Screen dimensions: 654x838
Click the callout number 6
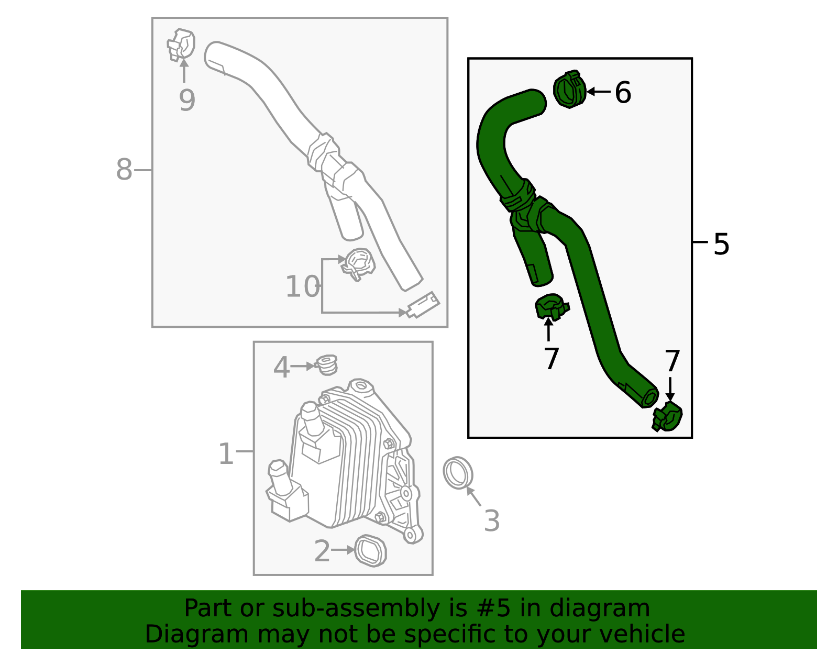623,93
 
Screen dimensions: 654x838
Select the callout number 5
721,244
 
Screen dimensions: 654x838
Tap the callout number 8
124,170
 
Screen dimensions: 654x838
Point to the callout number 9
187,100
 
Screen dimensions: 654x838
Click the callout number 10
302,287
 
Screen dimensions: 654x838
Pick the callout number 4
281,367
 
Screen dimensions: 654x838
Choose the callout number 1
226,453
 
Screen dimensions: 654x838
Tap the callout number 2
322,551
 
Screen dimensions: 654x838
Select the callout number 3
491,520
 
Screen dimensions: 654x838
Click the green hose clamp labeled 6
569,90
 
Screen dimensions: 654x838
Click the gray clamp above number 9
181,45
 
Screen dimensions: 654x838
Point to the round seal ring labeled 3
458,473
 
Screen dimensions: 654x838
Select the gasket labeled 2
371,551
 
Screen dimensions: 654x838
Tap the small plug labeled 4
327,364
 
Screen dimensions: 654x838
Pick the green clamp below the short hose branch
550,307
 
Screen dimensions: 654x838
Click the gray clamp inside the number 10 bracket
358,263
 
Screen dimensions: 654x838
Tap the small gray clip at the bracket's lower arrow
423,305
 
